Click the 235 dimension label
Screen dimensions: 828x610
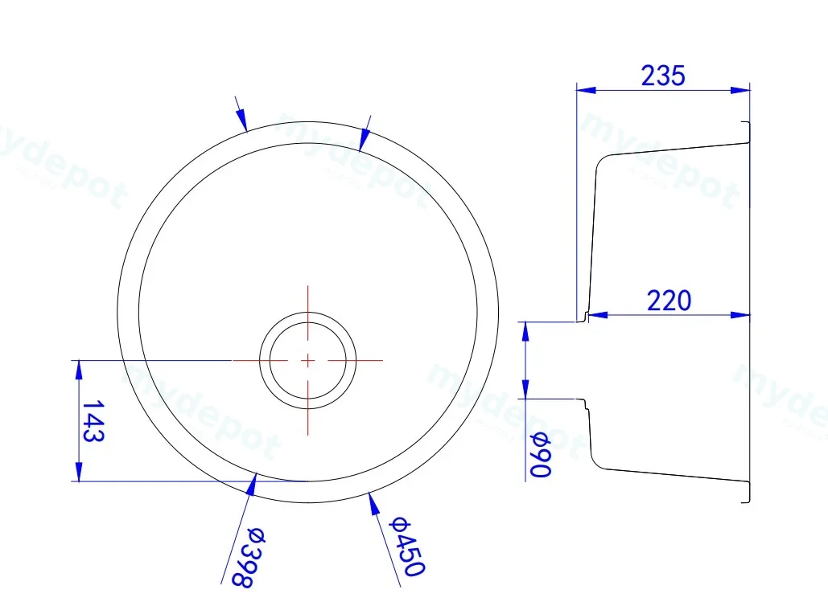tap(663, 76)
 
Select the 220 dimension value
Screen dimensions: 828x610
tap(669, 301)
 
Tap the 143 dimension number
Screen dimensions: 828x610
tap(93, 420)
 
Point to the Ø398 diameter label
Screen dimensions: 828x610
tap(249, 557)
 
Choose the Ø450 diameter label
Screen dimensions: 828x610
tap(406, 546)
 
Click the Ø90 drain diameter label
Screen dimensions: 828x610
tap(540, 454)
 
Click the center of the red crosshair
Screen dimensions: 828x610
tap(308, 361)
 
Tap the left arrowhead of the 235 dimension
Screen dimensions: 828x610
tap(586, 90)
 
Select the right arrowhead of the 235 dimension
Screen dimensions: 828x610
tap(739, 90)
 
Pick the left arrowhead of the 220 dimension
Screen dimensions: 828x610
tap(598, 315)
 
